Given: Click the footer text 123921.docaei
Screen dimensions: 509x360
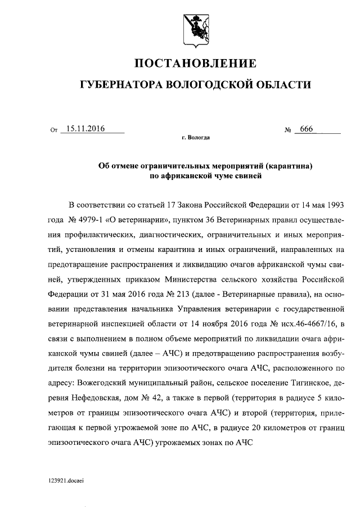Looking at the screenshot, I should (x=66, y=483).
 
